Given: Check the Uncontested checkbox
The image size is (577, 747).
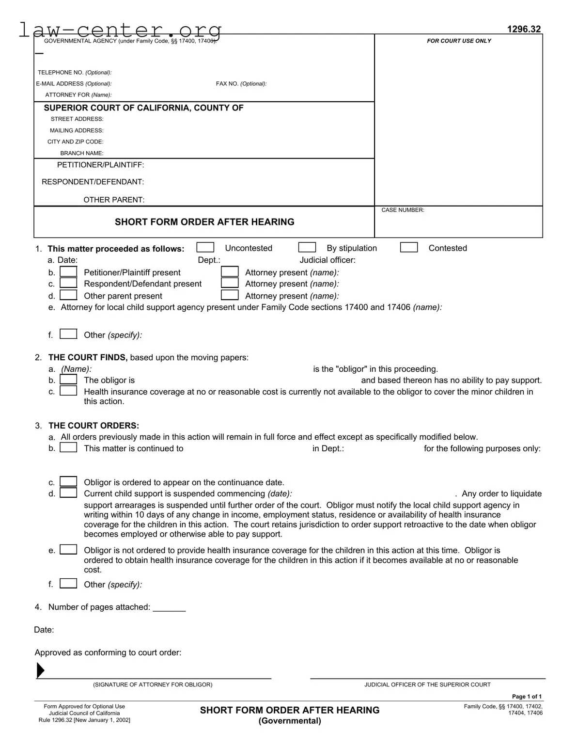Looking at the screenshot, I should (205, 248).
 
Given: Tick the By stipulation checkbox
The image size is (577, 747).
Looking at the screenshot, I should (307, 248).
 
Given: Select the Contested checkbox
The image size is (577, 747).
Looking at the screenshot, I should (409, 248).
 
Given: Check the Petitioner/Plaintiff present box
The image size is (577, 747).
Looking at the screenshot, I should (68, 272).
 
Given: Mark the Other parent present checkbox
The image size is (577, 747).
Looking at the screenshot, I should (68, 295).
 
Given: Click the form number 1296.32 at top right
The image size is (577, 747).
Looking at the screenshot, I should (524, 29).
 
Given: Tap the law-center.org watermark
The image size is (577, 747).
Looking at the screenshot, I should (120, 30).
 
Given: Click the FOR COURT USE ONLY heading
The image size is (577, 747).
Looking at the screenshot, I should (459, 41).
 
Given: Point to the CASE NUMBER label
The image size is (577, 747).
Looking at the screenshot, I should (403, 210).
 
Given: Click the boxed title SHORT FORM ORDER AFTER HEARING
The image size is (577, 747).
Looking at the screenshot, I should (204, 222).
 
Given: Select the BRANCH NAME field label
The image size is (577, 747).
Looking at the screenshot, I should (81, 153).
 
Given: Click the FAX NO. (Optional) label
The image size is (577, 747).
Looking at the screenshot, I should (241, 84).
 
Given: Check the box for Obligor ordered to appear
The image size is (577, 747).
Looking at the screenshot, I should (68, 482).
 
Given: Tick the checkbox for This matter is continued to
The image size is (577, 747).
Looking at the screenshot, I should (68, 448).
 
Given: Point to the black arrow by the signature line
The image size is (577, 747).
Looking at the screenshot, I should (41, 670).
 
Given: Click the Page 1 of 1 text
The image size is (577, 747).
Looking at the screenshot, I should (527, 697).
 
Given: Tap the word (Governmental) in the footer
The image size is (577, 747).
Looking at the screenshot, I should (290, 721).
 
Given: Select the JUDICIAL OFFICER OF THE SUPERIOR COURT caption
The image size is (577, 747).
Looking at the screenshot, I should (427, 685).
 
